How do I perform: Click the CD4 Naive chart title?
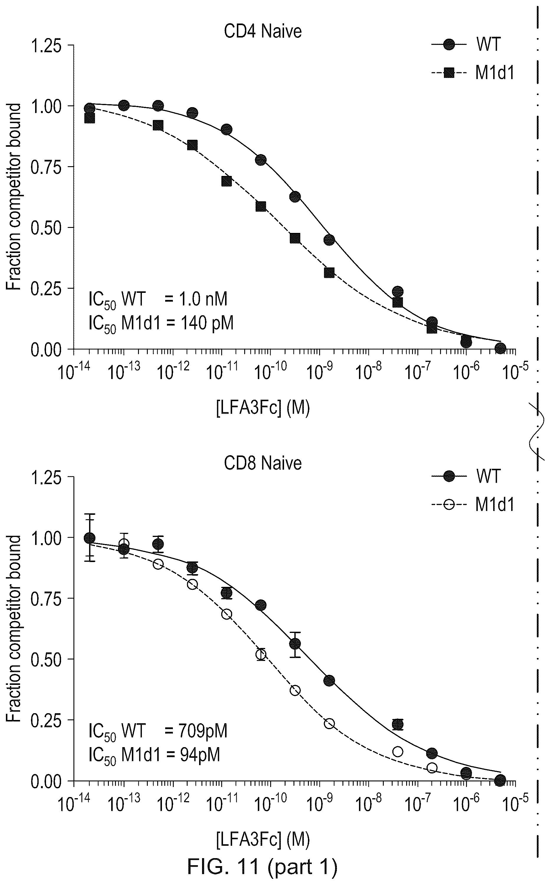263,31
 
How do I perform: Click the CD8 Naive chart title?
263,463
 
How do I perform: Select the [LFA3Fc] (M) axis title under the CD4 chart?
263,408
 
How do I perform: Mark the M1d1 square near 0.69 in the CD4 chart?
226,181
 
